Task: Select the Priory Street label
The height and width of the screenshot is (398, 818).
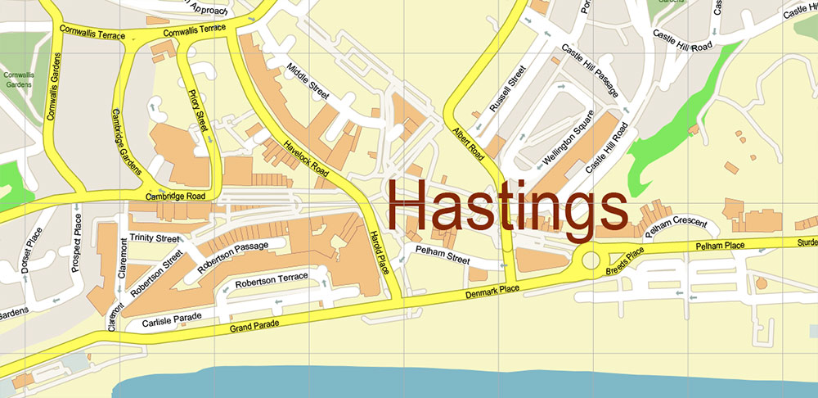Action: coord(199,112)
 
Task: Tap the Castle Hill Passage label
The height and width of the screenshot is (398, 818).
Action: coord(589,73)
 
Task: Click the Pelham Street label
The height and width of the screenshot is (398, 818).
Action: coord(442,256)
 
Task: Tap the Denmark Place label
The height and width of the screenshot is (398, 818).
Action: coord(492,292)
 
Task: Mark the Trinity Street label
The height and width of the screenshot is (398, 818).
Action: coord(154,238)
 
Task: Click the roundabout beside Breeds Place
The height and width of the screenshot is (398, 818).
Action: coord(591,261)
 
